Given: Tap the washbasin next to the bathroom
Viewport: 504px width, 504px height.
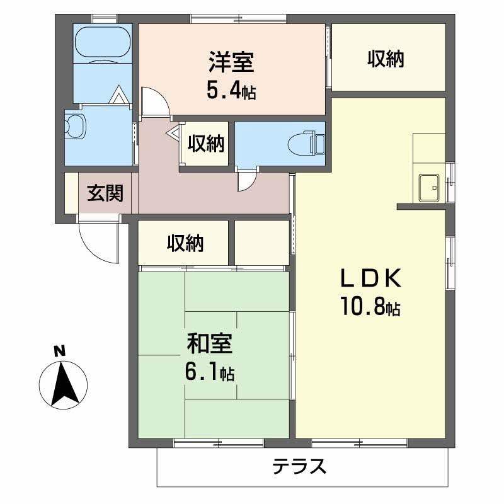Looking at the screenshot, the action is [75, 127].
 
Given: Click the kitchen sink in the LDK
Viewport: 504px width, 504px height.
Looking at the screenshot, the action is [429, 188].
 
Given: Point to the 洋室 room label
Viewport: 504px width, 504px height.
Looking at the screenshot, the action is [231, 62].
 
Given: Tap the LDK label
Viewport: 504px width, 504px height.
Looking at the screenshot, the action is [370, 278].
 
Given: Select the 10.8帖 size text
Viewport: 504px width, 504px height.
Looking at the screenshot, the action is [370, 306].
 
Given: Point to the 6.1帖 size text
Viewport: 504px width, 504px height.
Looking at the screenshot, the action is [210, 372].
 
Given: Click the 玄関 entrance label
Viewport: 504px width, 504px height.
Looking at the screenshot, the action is [105, 193].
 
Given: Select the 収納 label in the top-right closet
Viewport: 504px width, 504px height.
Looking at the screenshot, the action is [386, 59].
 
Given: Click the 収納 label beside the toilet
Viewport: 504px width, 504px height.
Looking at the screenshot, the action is [206, 144].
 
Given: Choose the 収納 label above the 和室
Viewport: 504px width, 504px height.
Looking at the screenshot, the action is [185, 243].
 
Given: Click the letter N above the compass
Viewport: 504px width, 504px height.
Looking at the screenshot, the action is [59, 351].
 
